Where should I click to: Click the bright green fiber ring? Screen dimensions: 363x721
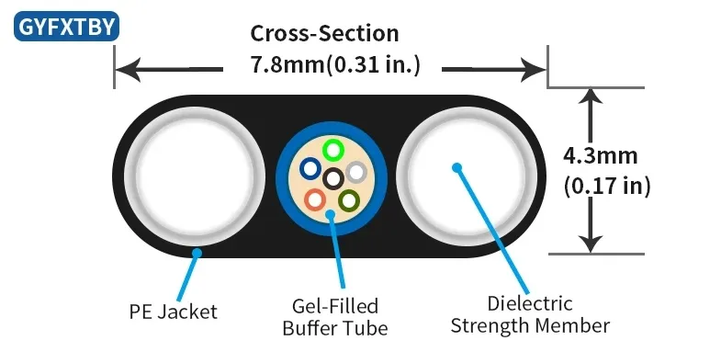332,149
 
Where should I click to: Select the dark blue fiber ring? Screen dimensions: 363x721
310,169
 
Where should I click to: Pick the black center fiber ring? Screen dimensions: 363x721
333,177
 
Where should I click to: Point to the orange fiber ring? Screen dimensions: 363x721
315,198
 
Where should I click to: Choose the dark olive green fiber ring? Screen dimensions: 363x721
349,199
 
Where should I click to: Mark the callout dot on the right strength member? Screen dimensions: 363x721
455,167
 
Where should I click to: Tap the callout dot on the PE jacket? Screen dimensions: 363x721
197,249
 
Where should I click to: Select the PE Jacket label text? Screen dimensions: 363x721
173,312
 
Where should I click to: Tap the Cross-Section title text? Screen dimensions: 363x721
325,34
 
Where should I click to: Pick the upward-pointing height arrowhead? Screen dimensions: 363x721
591,98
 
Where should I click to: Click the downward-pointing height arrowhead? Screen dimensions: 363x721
591,243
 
